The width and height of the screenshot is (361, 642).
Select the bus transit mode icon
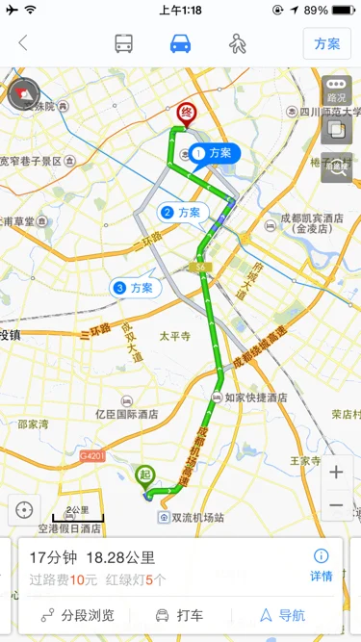click(124, 43)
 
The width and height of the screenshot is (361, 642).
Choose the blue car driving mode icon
click(180, 43)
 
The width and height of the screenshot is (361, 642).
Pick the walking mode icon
click(237, 43)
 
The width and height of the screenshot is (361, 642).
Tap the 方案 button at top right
click(327, 44)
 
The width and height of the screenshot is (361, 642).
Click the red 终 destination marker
click(186, 115)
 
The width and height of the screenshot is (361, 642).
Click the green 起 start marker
click(145, 475)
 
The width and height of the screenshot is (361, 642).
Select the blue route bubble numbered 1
click(214, 153)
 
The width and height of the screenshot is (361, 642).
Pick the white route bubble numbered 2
click(182, 212)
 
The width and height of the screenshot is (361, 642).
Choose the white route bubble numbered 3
click(135, 287)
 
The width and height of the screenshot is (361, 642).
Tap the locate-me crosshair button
click(23, 509)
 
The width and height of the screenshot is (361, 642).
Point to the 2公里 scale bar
click(77, 514)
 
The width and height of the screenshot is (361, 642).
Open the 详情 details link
click(322, 565)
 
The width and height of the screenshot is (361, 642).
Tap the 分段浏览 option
click(80, 615)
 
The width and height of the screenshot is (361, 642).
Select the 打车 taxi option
click(180, 615)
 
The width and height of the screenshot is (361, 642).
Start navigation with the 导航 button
click(282, 615)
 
